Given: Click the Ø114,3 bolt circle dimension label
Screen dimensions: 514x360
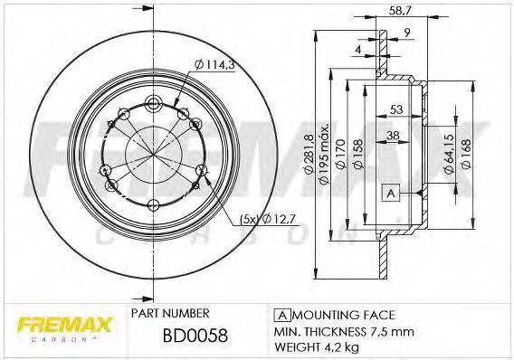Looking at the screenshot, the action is coord(214,64).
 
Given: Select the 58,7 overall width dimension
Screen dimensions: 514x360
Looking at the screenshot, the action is coord(400,11).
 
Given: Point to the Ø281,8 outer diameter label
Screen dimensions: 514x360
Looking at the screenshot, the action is coord(309,154).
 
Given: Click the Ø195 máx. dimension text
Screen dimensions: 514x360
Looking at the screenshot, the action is coord(324,154).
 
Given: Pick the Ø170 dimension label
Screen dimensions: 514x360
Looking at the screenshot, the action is coord(341,154).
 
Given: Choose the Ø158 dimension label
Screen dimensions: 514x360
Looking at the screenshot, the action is coord(358,154).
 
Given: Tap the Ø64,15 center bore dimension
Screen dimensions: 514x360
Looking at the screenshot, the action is coord(449,153).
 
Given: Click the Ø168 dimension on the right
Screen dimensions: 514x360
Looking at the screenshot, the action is coord(466,154).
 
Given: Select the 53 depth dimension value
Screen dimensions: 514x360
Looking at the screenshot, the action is coord(396,109).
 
